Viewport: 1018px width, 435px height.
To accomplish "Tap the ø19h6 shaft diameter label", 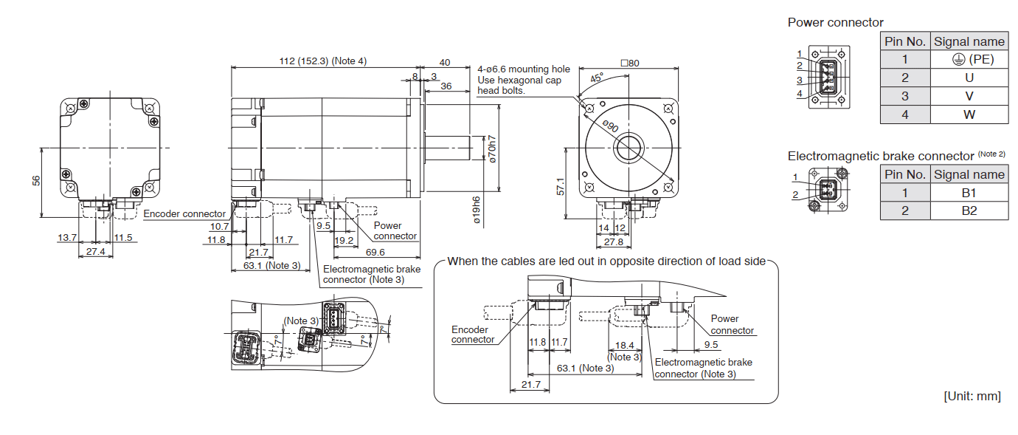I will tap(477, 210).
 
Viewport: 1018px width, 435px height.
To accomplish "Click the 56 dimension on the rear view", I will tap(36, 181).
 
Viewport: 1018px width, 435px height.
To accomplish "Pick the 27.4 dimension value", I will tap(96, 252).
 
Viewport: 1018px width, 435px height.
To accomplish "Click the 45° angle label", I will tap(597, 77).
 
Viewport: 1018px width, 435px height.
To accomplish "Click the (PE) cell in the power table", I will tap(969, 59).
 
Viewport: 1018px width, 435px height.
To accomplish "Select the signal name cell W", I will tap(969, 114).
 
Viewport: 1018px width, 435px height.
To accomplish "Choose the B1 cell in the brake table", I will tap(969, 193).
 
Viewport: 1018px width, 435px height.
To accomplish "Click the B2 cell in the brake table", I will tap(969, 210).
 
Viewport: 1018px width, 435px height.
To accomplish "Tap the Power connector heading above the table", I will tap(835, 22).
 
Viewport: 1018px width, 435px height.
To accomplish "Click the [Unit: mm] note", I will tap(972, 396).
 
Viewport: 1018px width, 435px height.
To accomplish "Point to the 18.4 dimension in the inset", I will tap(624, 345).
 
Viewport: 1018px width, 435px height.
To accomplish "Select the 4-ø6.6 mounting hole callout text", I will tap(524, 69).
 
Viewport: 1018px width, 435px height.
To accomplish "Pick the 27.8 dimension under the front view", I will tap(613, 242).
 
